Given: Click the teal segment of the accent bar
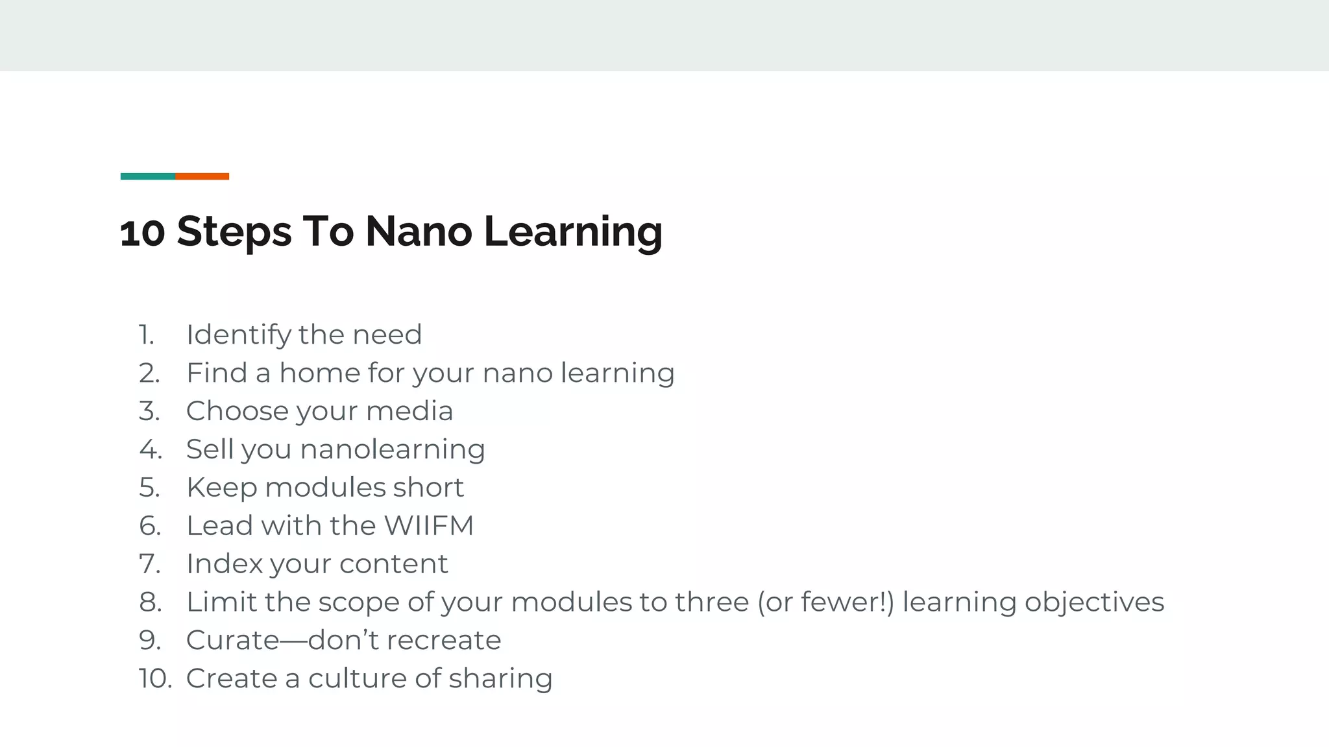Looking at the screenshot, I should [x=147, y=176].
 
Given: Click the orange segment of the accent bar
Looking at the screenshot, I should [x=202, y=176].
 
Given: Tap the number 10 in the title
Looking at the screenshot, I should [x=142, y=232].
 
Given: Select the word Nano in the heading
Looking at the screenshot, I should [x=419, y=231].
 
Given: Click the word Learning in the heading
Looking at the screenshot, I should [x=573, y=232].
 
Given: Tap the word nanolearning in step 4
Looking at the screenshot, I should [x=393, y=449].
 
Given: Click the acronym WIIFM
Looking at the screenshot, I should [x=429, y=526].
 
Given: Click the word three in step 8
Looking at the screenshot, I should [x=712, y=602].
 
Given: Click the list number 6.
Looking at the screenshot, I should [x=150, y=526].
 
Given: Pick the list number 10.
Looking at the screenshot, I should [x=155, y=679].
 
